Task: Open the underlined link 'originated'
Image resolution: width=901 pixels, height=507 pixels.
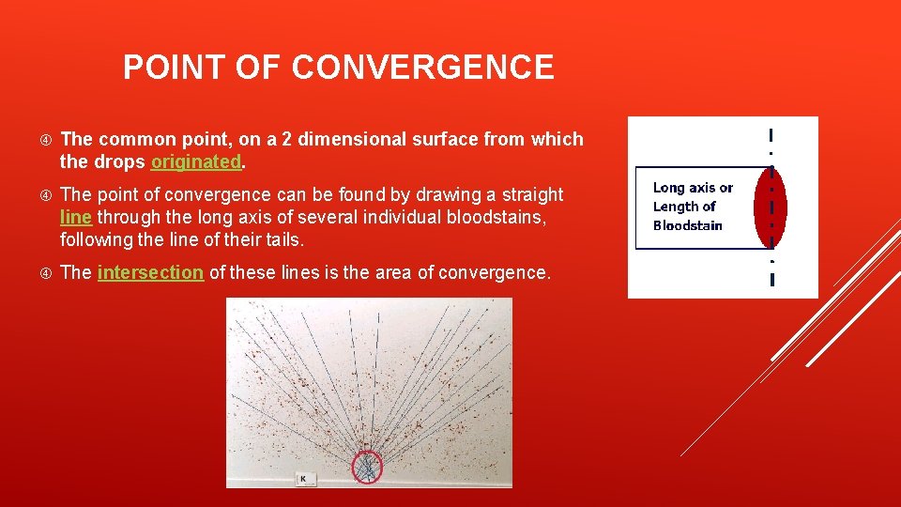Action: click(196, 161)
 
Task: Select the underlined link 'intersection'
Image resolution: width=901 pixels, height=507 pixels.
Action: click(150, 272)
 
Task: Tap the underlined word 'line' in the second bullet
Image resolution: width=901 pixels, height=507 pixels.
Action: click(75, 217)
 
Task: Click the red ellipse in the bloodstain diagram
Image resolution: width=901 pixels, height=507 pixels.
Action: click(771, 207)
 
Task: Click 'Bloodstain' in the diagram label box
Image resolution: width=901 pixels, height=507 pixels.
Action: click(687, 225)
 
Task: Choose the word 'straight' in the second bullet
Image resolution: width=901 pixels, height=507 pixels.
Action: click(529, 194)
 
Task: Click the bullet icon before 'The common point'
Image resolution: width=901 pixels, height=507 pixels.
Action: click(46, 140)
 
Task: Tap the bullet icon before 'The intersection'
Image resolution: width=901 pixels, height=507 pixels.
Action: click(46, 273)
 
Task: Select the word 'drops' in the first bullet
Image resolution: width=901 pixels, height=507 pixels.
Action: click(120, 161)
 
